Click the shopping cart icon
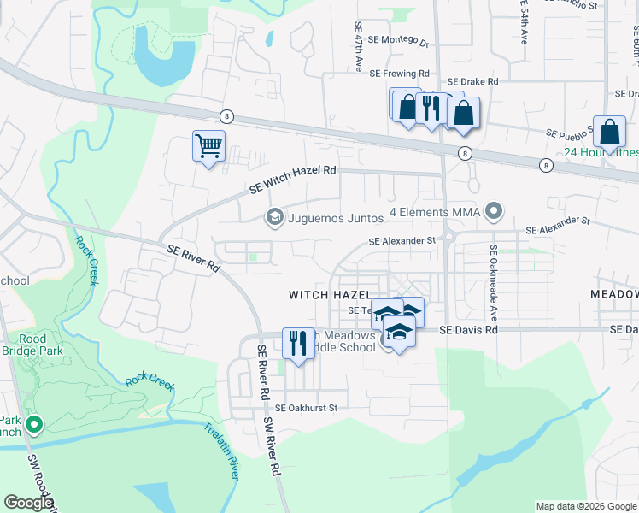point(208,147)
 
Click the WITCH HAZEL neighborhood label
point(330,294)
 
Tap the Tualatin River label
point(220,453)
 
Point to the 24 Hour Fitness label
point(601,153)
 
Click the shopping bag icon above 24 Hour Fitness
point(609,132)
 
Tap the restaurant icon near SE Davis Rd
point(298,343)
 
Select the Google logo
point(28,503)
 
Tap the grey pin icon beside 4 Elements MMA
point(493,210)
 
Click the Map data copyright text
point(585,506)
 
